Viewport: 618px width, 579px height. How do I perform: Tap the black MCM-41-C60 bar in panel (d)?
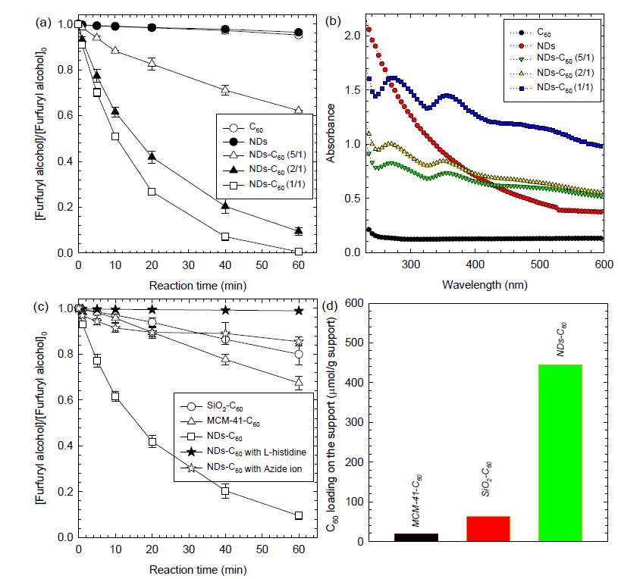[416, 537]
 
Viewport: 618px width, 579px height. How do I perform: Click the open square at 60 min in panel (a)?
[299, 252]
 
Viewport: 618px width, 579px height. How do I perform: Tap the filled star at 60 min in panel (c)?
[299, 310]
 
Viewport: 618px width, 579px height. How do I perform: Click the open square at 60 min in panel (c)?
[299, 515]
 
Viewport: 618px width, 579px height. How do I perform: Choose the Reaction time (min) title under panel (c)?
[188, 568]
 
